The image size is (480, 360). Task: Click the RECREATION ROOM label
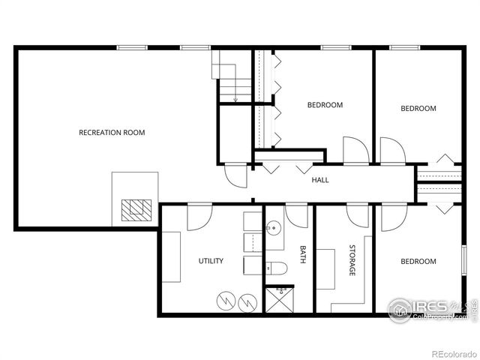pyautogui.click(x=112, y=133)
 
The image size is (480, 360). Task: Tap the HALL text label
pyautogui.click(x=320, y=180)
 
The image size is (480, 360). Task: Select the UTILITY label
pyautogui.click(x=211, y=261)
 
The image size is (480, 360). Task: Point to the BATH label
pyautogui.click(x=303, y=255)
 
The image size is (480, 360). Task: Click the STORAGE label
pyautogui.click(x=350, y=260)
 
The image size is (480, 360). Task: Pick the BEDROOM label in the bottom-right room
pyautogui.click(x=418, y=262)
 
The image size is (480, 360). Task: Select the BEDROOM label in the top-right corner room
pyautogui.click(x=418, y=109)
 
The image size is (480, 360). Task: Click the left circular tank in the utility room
pyautogui.click(x=225, y=301)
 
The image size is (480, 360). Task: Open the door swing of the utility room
pyautogui.click(x=199, y=215)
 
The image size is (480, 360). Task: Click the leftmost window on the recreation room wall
pyautogui.click(x=132, y=48)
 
